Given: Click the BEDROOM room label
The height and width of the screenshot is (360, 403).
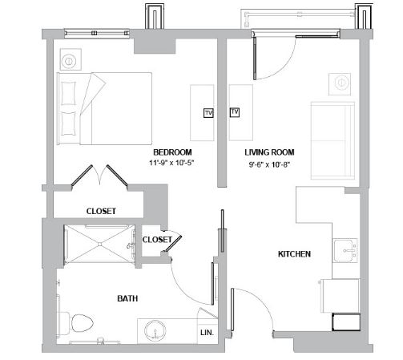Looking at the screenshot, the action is (x=172, y=152).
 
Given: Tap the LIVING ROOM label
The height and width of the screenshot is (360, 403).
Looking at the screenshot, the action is (x=269, y=152).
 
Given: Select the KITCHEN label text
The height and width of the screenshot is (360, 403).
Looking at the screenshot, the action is (x=294, y=254).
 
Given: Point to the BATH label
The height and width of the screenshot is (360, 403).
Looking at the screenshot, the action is (x=127, y=298).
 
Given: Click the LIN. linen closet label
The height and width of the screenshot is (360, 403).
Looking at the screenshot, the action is (x=208, y=333).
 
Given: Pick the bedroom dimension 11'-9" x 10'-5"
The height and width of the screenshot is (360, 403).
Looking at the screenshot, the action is (x=171, y=163).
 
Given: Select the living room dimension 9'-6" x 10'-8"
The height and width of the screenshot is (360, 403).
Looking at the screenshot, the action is (x=269, y=164).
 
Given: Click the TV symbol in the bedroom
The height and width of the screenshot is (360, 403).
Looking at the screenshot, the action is (x=208, y=113).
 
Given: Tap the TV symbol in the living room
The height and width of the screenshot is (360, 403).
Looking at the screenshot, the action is (x=235, y=112).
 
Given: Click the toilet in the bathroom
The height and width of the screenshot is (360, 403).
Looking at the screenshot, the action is (x=75, y=323).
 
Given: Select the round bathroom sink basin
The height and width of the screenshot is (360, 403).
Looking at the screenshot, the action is (x=155, y=330).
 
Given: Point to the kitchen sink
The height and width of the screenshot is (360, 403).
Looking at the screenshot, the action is (x=345, y=251).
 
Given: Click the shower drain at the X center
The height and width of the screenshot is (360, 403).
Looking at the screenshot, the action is (x=99, y=244).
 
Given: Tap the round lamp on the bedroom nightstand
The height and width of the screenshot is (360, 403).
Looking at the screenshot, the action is (x=69, y=61).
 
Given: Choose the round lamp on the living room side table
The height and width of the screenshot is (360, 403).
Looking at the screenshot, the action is (x=341, y=83).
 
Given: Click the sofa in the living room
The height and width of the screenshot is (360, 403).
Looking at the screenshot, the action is (x=332, y=140).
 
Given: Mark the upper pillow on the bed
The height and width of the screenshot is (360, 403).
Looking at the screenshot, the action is (x=69, y=93).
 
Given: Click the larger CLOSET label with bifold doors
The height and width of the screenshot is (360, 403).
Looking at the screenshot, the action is (x=101, y=211).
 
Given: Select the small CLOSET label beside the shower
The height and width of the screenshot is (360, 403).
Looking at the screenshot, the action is (x=157, y=240).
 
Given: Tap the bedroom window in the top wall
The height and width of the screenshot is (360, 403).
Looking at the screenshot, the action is (x=97, y=34).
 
